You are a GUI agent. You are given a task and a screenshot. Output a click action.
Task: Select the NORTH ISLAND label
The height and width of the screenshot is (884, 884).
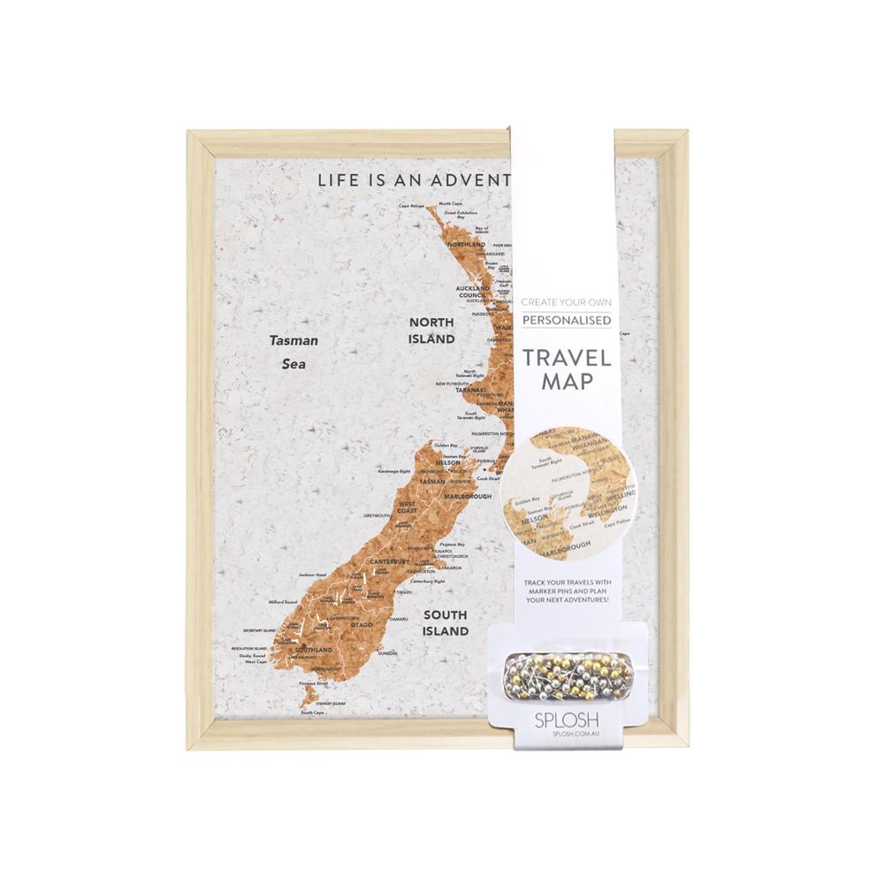click(431, 331)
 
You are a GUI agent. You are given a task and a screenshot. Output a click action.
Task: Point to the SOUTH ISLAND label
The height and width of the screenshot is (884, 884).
click(445, 623)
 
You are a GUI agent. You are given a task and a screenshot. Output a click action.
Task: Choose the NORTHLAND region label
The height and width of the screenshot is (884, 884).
click(467, 244)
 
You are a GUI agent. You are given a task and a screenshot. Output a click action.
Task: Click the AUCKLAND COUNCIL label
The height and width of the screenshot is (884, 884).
click(471, 293)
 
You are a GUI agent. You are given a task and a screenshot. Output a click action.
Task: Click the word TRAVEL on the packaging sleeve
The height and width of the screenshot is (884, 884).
click(567, 359)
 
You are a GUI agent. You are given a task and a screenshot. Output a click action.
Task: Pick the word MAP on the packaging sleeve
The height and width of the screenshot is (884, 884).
click(567, 386)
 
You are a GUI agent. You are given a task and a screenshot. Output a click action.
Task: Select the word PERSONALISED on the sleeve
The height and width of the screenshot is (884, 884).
click(567, 320)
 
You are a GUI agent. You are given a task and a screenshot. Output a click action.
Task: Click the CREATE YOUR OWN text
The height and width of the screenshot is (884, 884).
click(567, 301)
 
